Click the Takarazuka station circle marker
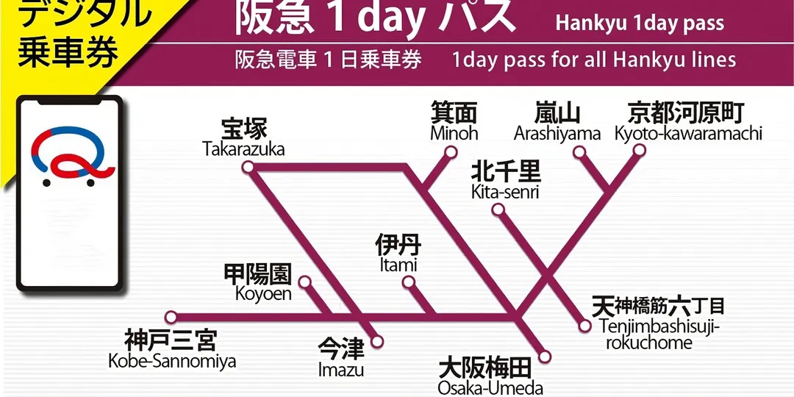248,168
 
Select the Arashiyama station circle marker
580,153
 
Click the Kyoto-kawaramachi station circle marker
639,151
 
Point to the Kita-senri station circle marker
498,210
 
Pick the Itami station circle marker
408,282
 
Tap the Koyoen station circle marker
304,282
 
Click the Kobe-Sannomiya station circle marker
171,318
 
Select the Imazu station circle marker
378,341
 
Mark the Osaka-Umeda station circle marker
545,357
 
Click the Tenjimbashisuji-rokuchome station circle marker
585,326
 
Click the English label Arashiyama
557,134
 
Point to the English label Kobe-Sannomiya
172,361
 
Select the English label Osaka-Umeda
490,388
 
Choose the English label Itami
399,265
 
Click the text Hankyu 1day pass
640,23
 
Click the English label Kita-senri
505,192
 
